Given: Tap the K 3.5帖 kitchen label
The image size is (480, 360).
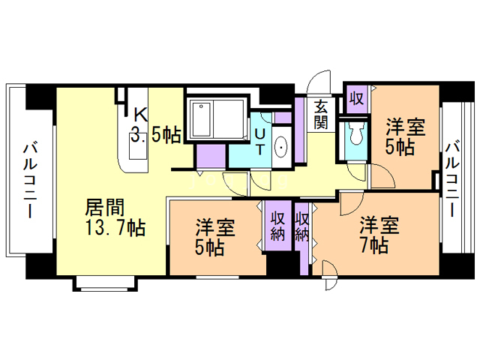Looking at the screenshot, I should tap(154, 124).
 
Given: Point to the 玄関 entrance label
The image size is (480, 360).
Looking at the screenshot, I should tap(321, 114).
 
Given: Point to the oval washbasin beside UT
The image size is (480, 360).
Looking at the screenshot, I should tap(281, 148).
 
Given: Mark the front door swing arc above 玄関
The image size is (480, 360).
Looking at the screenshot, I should tap(319, 83).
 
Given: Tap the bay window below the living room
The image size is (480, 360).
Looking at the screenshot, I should tap(104, 282).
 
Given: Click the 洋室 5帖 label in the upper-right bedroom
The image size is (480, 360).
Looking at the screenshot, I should tap(405, 136).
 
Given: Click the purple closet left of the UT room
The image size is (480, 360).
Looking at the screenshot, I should tap(211, 155).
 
